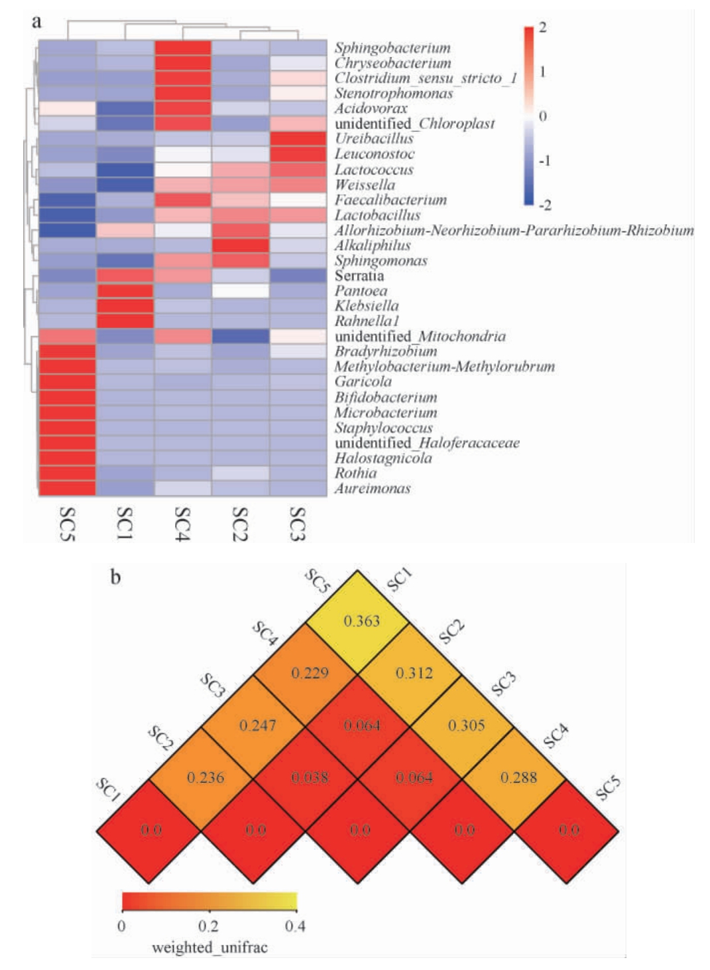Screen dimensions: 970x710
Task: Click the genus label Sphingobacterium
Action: tap(392, 48)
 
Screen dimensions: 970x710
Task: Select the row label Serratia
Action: tap(359, 276)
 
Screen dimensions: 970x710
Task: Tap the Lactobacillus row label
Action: tap(377, 215)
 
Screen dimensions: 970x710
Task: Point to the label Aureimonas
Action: tap(372, 489)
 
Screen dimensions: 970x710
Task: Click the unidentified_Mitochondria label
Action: tap(420, 337)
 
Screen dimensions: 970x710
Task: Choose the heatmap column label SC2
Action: tap(240, 523)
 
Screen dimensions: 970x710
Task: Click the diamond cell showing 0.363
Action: tap(361, 621)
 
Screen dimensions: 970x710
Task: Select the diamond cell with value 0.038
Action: tap(310, 778)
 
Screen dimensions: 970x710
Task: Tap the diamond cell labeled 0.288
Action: tap(518, 778)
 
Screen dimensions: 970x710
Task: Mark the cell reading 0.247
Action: tap(257, 725)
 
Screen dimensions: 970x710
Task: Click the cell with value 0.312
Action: tap(414, 673)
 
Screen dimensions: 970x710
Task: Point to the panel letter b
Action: tap(115, 577)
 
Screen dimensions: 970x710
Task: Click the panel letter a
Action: tap(36, 22)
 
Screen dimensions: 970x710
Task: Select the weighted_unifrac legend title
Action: tap(209, 947)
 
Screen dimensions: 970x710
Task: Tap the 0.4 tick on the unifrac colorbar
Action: tap(295, 926)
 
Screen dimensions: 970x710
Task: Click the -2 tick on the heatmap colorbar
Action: tap(545, 206)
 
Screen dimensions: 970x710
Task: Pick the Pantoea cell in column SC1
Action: tap(125, 291)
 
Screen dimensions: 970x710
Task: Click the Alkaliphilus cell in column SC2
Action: tap(241, 245)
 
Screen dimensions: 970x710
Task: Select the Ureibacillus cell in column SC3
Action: tap(298, 139)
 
